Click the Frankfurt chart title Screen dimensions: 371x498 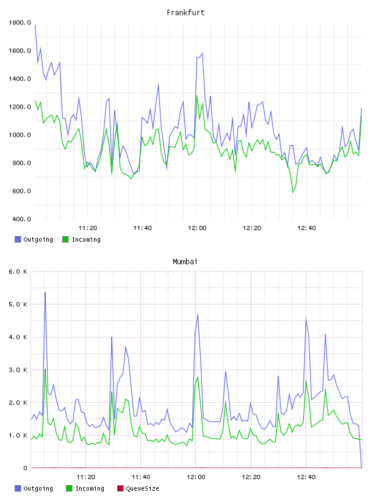[x=185, y=12]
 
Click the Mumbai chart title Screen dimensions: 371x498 [x=185, y=261]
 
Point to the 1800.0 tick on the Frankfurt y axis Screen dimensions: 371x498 [x=20, y=23]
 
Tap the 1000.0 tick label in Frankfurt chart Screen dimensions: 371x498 [x=20, y=135]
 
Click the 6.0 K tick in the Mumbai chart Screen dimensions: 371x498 [x=18, y=272]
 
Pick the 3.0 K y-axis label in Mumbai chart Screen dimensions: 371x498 [x=18, y=370]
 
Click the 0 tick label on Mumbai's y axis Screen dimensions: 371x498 [x=25, y=468]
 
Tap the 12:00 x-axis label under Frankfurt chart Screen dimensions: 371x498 [x=197, y=228]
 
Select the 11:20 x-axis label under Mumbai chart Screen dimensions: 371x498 [x=86, y=477]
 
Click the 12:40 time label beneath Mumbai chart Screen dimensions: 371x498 [x=306, y=477]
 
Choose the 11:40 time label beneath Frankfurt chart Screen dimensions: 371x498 [x=142, y=228]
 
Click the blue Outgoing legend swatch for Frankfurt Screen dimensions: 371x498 [x=18, y=239]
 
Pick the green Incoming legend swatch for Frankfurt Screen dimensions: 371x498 [x=65, y=239]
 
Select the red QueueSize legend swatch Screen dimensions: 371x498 [x=120, y=488]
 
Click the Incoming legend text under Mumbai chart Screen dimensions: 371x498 [x=90, y=488]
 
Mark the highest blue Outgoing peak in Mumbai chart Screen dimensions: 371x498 [x=45, y=292]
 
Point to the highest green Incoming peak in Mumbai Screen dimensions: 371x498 [x=45, y=369]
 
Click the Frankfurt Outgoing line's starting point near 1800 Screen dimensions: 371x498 [x=35, y=25]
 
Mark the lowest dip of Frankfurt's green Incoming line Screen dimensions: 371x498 [x=293, y=192]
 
